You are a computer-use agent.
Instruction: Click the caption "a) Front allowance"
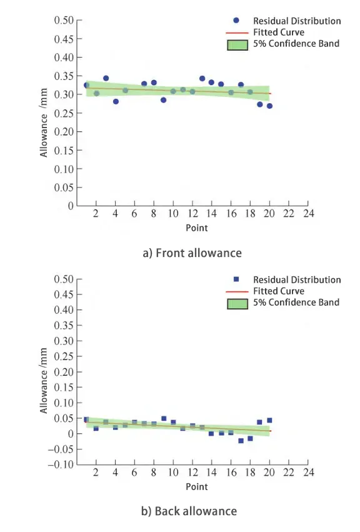tap(192, 253)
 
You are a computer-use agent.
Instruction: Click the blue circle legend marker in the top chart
tap(236, 21)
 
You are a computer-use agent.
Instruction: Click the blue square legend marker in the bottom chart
tap(236, 279)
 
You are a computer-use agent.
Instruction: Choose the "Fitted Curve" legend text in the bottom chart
tap(279, 291)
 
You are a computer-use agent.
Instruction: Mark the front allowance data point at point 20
tap(269, 106)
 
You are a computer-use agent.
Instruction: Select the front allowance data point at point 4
tap(116, 101)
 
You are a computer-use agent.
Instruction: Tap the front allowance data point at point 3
tap(106, 78)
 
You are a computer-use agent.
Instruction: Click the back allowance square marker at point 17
tap(241, 441)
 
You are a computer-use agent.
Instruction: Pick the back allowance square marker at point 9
tap(164, 418)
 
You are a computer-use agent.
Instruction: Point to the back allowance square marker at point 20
tap(269, 420)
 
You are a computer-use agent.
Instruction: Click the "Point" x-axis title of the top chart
tap(196, 228)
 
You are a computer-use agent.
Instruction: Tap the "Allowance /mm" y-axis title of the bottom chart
tap(44, 379)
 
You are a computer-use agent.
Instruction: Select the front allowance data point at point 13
tap(202, 78)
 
